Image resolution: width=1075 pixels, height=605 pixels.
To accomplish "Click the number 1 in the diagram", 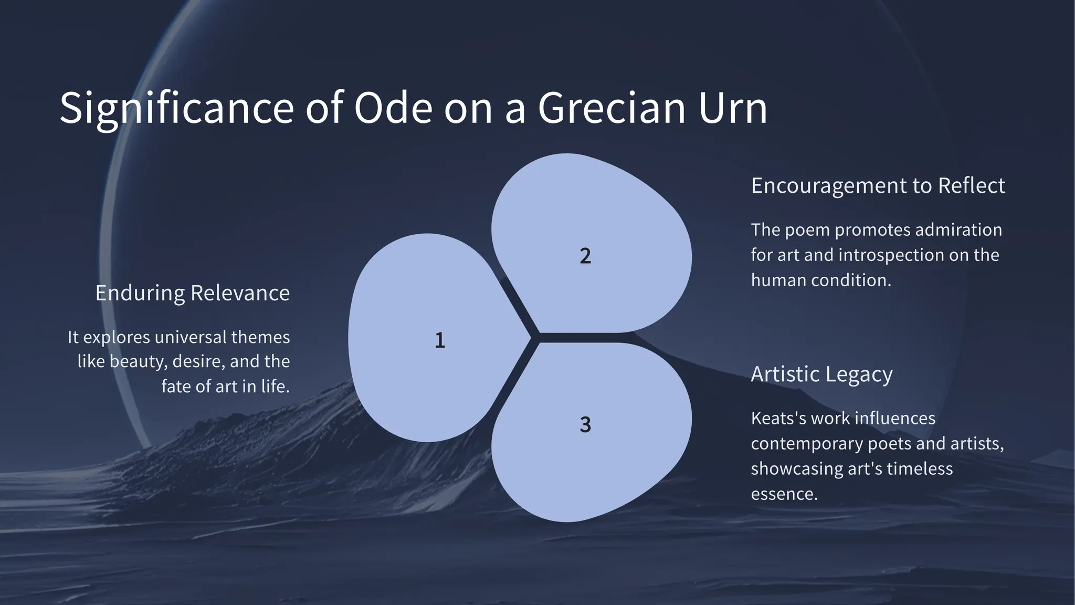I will coord(440,340).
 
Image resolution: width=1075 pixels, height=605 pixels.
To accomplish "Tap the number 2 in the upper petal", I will coord(585,256).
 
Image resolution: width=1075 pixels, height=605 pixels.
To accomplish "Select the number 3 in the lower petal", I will coord(585,424).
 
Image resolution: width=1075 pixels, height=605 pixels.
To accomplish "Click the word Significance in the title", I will coord(176,108).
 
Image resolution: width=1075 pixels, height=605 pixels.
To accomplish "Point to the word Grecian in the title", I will coord(612,108).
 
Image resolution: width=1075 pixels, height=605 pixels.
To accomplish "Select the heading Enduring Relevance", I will coord(192,293).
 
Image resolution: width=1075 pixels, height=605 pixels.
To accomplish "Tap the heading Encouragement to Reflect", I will coord(878,186).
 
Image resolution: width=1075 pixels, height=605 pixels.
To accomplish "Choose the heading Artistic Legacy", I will coord(821,374).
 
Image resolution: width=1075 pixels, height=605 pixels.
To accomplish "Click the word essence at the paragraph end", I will coord(784,494).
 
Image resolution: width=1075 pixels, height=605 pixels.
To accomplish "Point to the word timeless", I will coord(919,468).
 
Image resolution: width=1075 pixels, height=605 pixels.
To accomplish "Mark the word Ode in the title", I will coord(393,108).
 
